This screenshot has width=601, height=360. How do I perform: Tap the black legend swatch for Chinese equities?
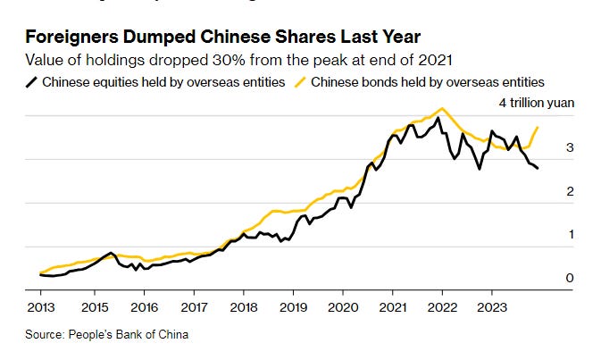click(x=32, y=82)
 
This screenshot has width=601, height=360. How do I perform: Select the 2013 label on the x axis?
click(x=41, y=306)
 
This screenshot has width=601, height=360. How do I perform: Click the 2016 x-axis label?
click(x=143, y=306)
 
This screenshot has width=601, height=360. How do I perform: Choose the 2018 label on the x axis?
click(x=243, y=306)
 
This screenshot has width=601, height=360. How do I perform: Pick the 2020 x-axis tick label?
click(x=343, y=306)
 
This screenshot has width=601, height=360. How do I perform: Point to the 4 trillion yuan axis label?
click(x=536, y=103)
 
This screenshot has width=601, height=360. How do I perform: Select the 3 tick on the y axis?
click(x=569, y=147)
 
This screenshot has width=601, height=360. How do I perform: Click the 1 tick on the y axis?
click(x=569, y=234)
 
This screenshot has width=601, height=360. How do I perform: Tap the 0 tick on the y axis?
click(x=569, y=278)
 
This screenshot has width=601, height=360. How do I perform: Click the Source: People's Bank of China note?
click(x=108, y=335)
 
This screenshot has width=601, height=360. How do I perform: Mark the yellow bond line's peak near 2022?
click(x=439, y=109)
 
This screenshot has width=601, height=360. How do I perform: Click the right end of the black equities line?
click(x=538, y=169)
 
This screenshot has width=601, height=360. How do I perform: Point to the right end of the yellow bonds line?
click(x=538, y=128)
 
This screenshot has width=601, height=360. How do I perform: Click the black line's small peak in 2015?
click(x=110, y=253)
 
